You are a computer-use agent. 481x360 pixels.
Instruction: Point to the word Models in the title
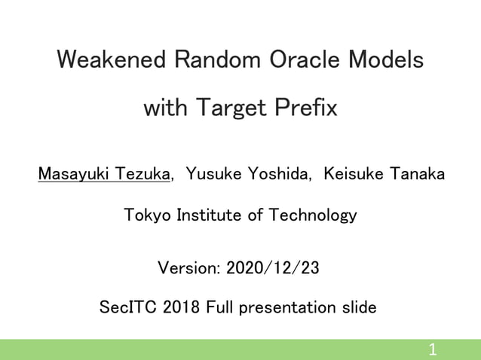388,59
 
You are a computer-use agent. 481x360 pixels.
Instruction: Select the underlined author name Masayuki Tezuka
104,175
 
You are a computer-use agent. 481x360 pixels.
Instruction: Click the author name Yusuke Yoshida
249,175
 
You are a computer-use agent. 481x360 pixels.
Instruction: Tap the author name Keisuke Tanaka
384,175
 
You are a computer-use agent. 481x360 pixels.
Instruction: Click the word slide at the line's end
358,308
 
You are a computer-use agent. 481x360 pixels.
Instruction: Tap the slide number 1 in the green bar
432,349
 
